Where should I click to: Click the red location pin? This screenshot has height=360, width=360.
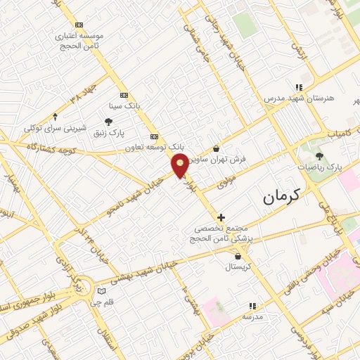pyautogui.click(x=181, y=165)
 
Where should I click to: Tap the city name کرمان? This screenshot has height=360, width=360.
pyautogui.click(x=281, y=196)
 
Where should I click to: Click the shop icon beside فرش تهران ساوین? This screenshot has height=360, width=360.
pyautogui.click(x=216, y=148)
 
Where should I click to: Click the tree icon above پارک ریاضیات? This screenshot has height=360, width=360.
pyautogui.click(x=320, y=156)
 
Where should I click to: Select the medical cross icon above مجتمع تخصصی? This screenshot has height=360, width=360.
pyautogui.click(x=221, y=217)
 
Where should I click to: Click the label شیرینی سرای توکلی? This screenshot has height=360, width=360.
pyautogui.click(x=56, y=128)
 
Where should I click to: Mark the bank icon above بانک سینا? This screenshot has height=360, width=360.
pyautogui.click(x=124, y=95)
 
